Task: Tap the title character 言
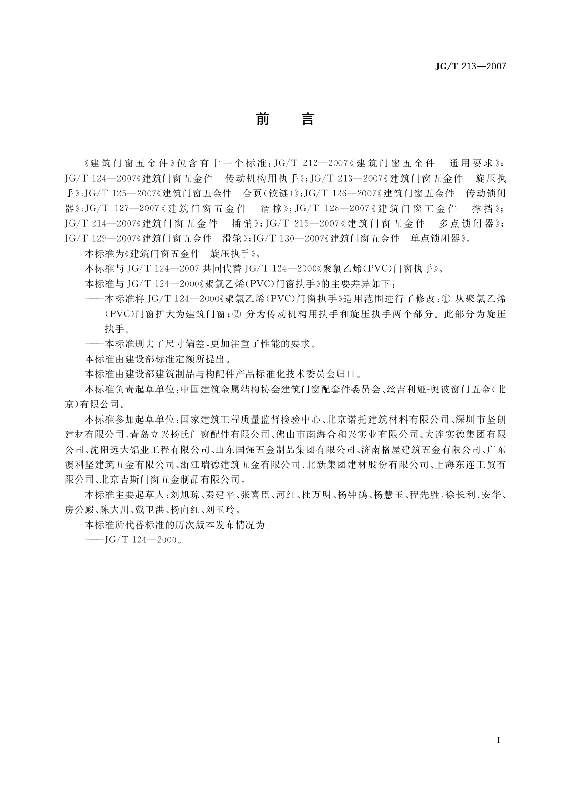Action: point(307,119)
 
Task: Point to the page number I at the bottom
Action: point(499,740)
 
